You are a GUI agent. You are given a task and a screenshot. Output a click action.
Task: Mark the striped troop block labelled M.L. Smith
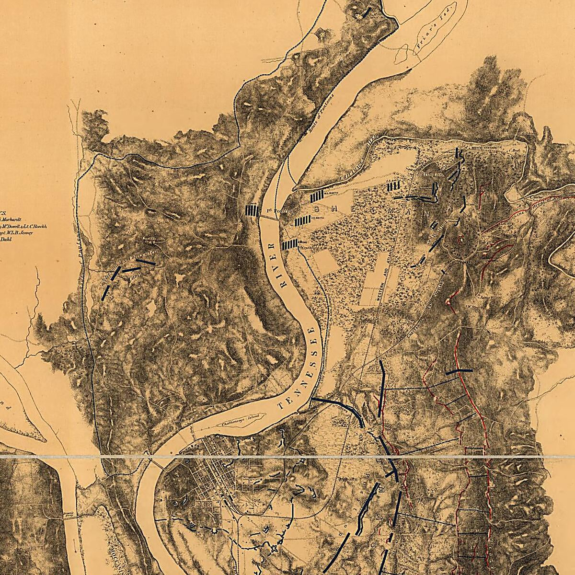click(318, 196)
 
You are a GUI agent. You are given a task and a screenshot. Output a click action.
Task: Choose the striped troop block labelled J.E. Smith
click(302, 220)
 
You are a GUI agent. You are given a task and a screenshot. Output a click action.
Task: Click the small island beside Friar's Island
click(402, 57)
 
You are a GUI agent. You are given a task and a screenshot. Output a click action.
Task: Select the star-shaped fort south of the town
click(275, 549)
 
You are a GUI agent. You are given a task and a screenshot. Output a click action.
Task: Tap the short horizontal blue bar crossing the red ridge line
click(459, 371)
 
